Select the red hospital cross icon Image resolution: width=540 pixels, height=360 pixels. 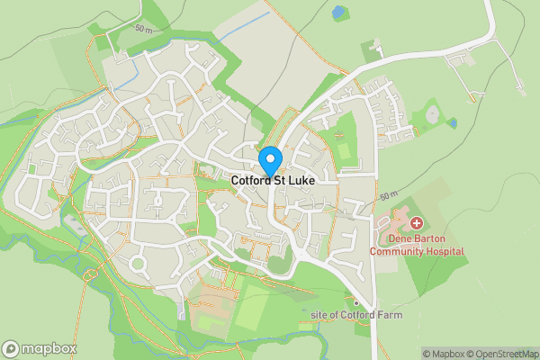click(416, 222)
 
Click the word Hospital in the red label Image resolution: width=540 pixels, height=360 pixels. click(444, 251)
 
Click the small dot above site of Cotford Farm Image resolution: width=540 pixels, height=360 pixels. click(356, 302)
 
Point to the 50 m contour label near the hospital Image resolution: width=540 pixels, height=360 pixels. click(388, 195)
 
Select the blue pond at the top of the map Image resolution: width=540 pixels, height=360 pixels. click(337, 13)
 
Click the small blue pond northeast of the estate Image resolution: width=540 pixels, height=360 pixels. click(453, 122)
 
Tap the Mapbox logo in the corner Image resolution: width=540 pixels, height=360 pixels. click(40, 348)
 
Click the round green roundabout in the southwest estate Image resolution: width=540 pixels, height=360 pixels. click(138, 264)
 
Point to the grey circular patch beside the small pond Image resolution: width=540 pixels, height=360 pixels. click(432, 115)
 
